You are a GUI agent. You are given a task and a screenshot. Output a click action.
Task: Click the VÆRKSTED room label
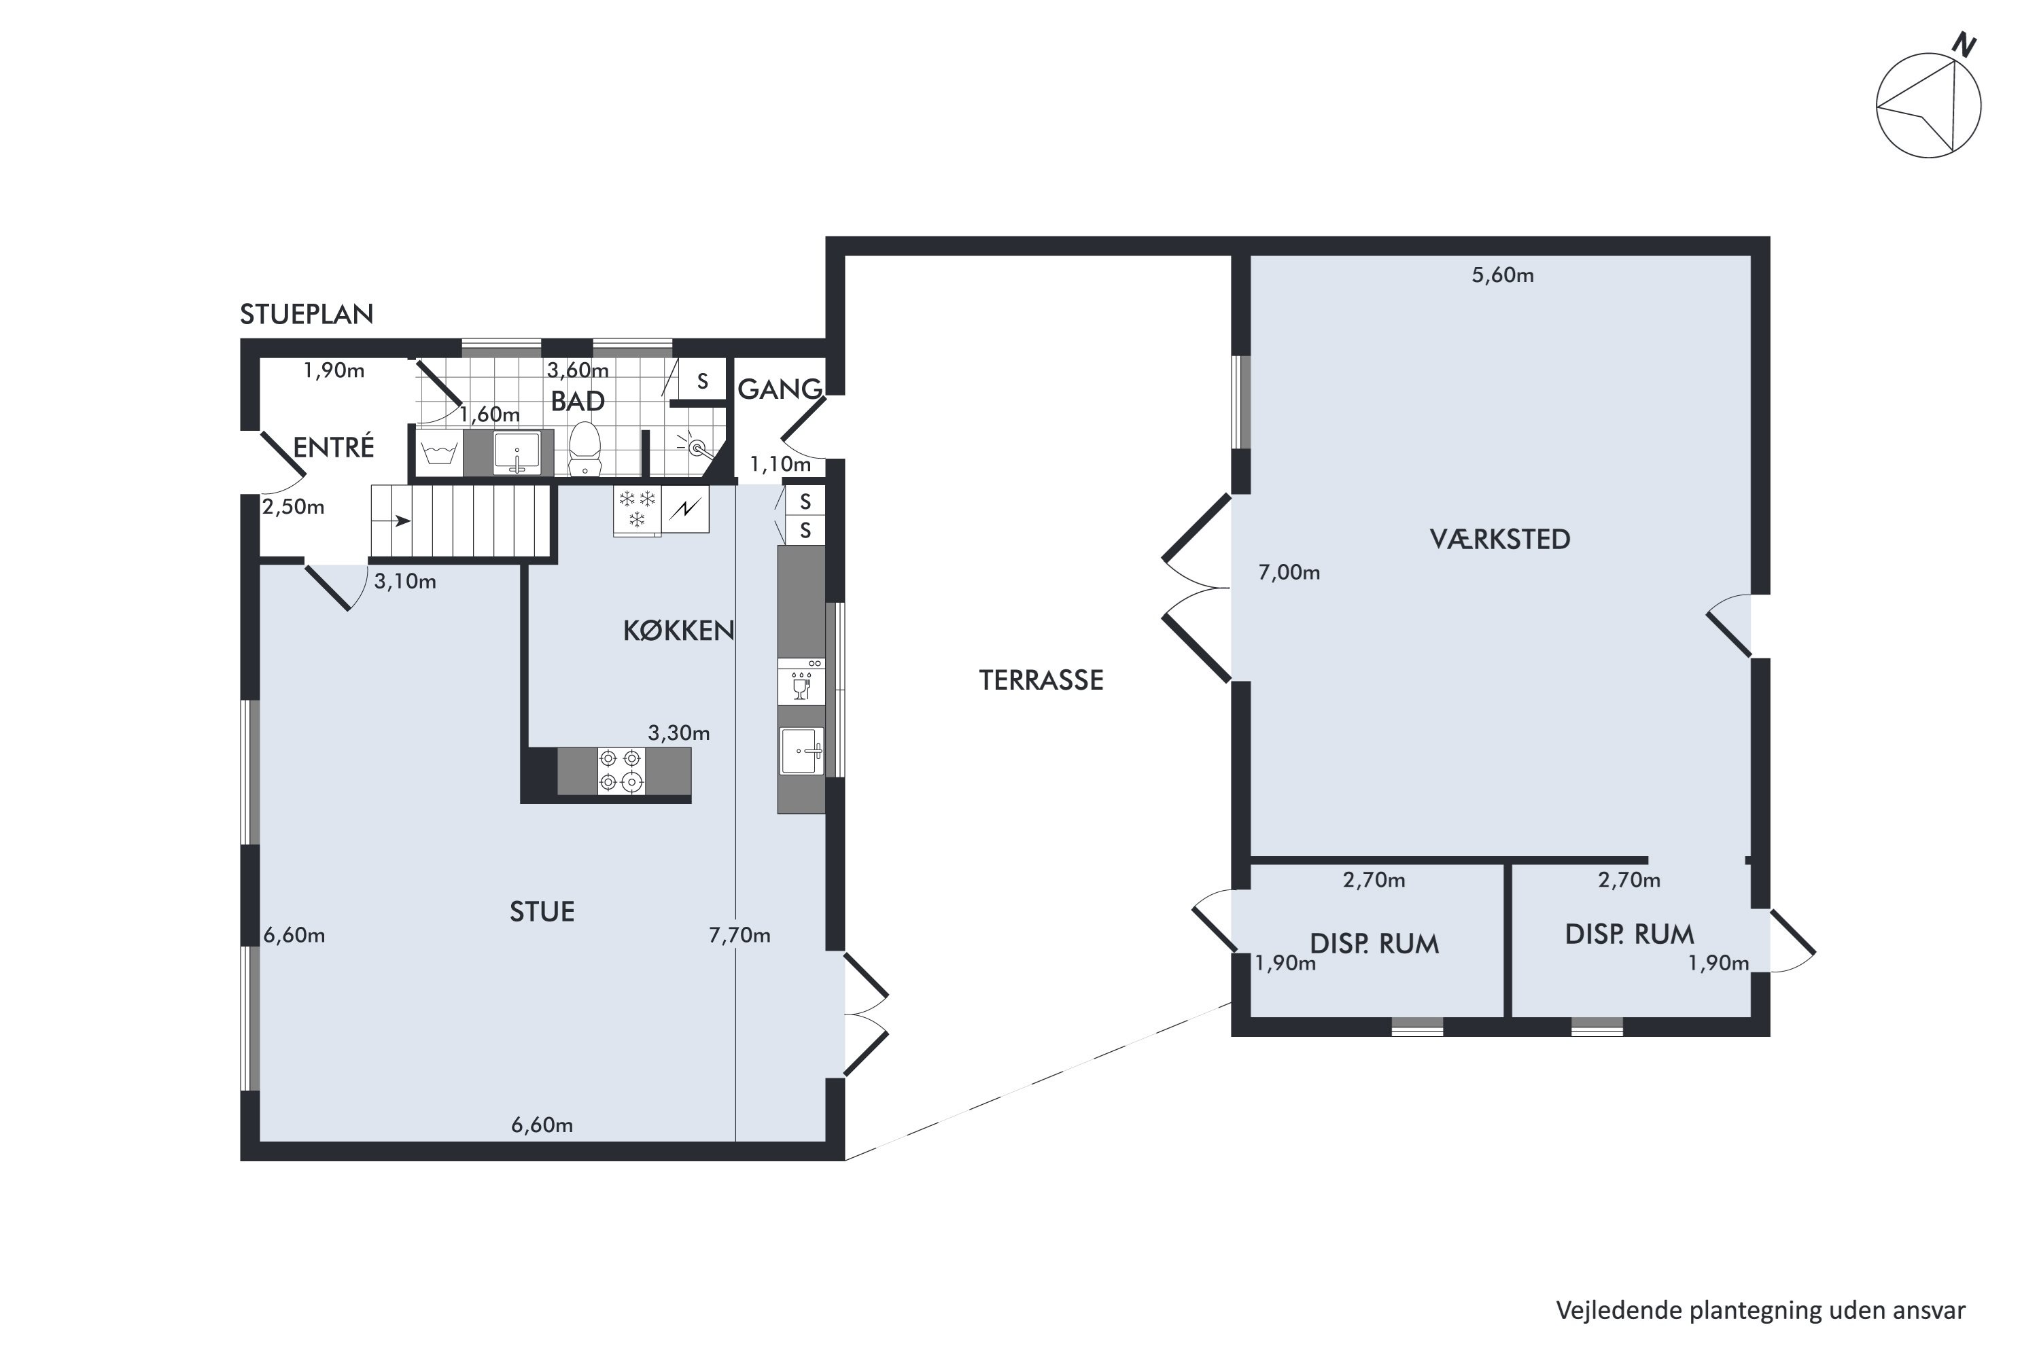(1500, 539)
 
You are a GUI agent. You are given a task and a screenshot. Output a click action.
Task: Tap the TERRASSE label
(1041, 680)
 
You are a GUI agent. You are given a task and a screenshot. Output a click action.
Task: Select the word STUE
(542, 912)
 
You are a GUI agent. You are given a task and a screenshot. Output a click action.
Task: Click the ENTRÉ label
(334, 447)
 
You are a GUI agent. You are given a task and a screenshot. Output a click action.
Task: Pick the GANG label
(780, 390)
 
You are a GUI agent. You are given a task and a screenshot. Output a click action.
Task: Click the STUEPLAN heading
(307, 314)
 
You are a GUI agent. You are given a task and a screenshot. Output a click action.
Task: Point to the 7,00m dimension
(1289, 572)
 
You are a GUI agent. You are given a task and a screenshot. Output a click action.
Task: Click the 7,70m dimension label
(739, 935)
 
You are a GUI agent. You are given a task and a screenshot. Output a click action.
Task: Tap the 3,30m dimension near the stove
(679, 733)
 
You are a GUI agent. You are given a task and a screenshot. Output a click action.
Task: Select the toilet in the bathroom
(585, 448)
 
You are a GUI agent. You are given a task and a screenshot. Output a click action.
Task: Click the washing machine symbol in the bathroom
(440, 453)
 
